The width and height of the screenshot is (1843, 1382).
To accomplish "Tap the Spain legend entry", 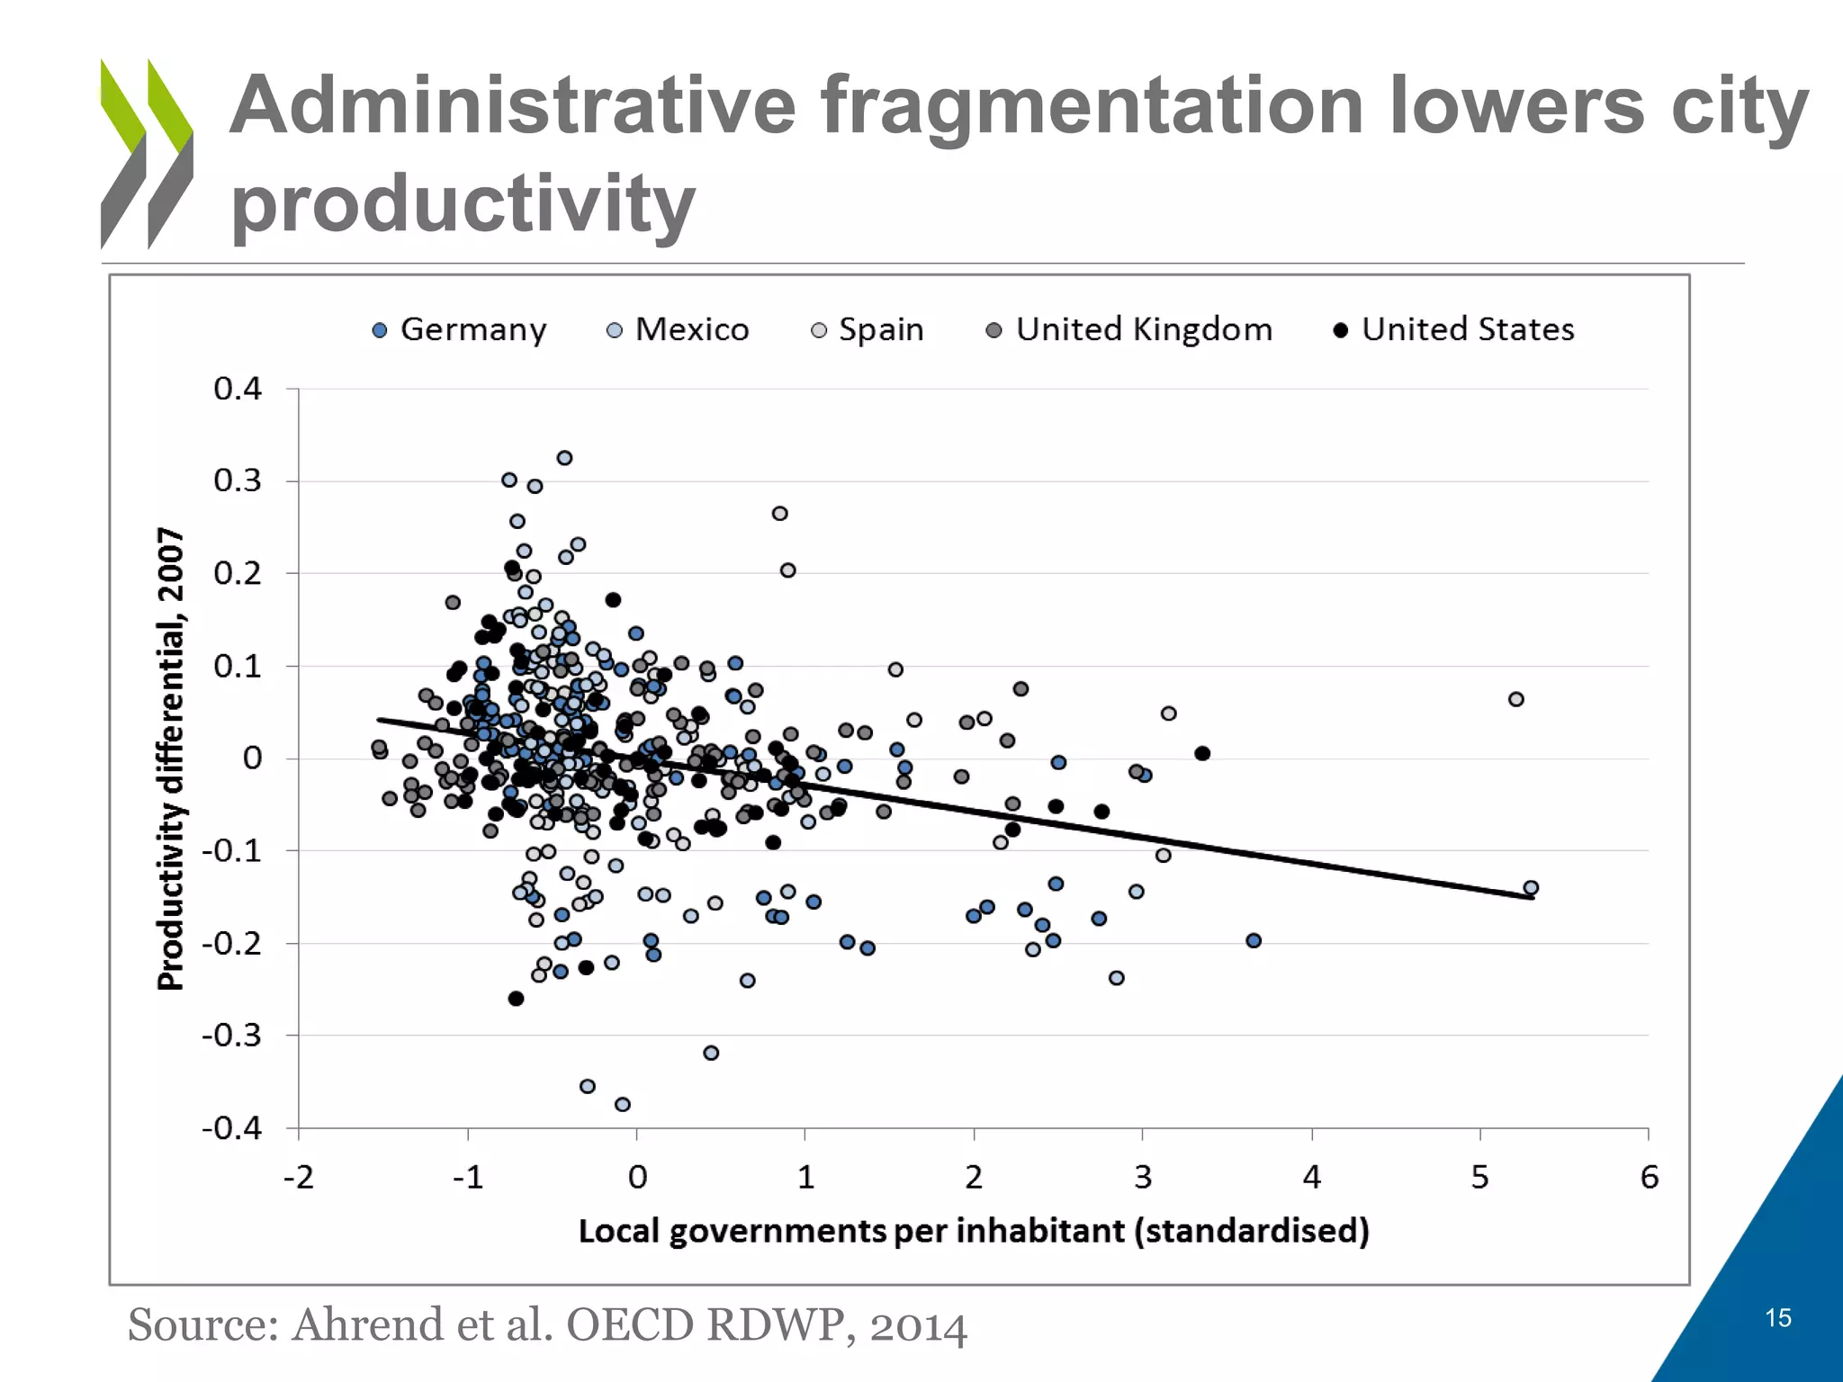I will pos(868,330).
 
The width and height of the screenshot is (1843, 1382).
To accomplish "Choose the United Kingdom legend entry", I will pos(1130,330).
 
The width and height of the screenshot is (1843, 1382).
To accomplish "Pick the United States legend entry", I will pos(1454,330).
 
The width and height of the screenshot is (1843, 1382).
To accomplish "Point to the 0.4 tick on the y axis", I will pos(238,389).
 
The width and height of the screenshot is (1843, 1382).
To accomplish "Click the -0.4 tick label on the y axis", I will pos(232,1128).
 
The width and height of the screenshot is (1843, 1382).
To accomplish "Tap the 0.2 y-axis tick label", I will pos(238,573).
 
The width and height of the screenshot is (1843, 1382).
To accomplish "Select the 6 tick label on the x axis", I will pos(1649,1178).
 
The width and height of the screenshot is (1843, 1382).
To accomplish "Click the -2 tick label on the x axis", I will pos(299,1178).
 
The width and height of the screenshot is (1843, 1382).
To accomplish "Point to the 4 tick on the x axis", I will pos(1311,1178).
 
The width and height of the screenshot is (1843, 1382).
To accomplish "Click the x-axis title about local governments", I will pos(974,1231).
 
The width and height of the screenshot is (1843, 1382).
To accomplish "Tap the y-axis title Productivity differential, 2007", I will pos(171,758).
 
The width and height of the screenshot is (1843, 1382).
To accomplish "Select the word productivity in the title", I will pos(463,203).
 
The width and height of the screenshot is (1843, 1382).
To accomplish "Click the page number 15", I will pos(1778,1318).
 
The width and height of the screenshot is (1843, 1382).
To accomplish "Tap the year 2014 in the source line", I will pos(918,1325).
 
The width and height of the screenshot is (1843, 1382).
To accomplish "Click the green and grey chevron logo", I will pos(147,154).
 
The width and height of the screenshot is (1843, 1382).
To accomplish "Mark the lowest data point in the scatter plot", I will pos(622,1104).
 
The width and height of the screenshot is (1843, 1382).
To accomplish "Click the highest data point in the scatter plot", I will pos(564,458).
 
